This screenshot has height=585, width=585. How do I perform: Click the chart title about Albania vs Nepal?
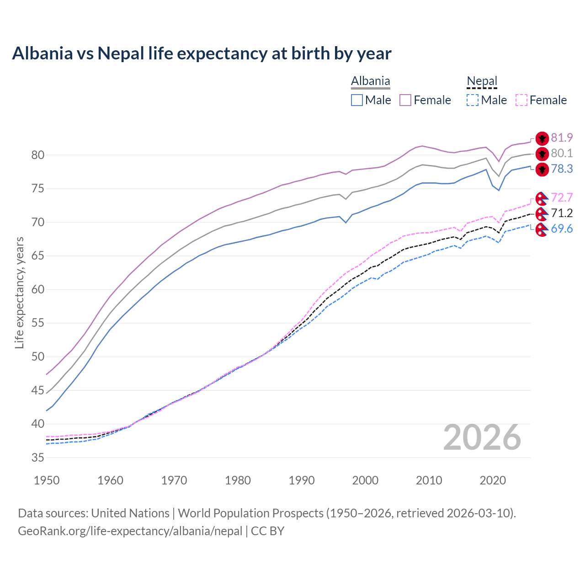click(202, 53)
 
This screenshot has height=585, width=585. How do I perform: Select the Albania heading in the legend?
click(370, 81)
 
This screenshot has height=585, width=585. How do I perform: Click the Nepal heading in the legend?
click(482, 81)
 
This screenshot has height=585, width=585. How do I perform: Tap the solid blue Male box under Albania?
click(357, 100)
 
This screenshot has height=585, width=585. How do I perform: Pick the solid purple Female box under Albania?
click(405, 100)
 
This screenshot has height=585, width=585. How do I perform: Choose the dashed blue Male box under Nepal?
click(473, 100)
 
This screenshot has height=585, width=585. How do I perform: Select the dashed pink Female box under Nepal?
click(521, 100)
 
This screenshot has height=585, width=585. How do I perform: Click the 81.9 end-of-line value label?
click(562, 138)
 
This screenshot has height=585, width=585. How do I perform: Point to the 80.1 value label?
click(562, 153)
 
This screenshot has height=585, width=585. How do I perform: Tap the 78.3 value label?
click(562, 169)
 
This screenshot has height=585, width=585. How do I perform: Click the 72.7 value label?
click(562, 197)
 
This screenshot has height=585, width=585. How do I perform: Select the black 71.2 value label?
click(562, 213)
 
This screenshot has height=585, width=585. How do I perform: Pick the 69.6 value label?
click(562, 229)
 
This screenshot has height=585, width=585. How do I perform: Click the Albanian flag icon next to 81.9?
click(542, 138)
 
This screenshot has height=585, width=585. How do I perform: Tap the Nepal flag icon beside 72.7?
click(542, 198)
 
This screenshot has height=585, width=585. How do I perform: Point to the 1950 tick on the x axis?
click(47, 480)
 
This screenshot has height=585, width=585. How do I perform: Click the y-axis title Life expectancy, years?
click(20, 292)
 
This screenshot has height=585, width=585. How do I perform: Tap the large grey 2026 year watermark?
click(482, 437)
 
